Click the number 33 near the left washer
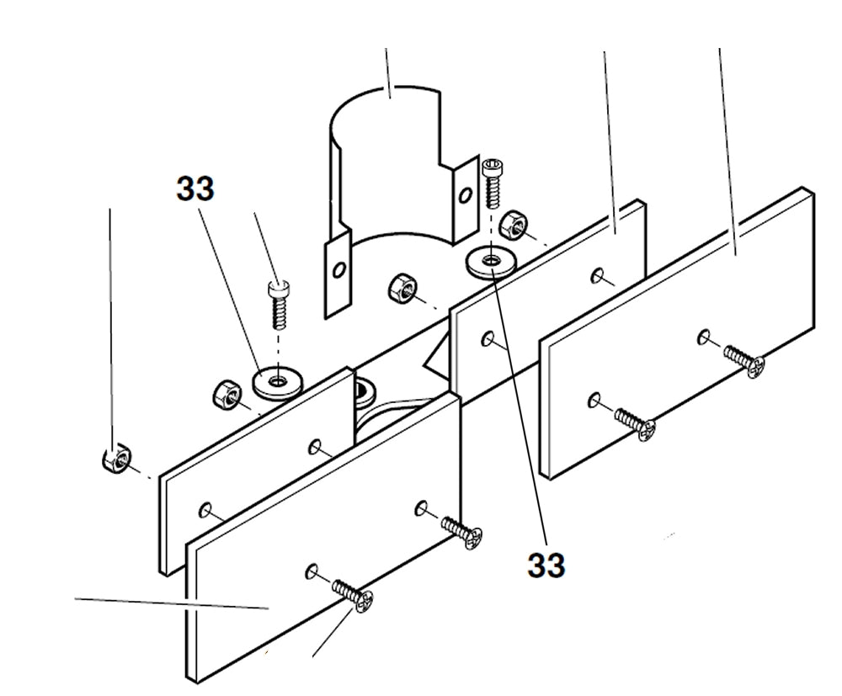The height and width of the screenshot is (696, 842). tap(195, 189)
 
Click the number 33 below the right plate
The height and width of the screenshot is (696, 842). tap(546, 565)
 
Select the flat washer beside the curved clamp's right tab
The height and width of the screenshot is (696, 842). tap(488, 261)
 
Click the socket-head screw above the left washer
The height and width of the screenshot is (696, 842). tap(278, 305)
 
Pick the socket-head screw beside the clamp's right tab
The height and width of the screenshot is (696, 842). tap(492, 181)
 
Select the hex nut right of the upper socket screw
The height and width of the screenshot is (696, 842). tap(512, 225)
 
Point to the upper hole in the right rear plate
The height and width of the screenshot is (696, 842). tap(596, 274)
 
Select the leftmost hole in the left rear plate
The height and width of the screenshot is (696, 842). tap(205, 509)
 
